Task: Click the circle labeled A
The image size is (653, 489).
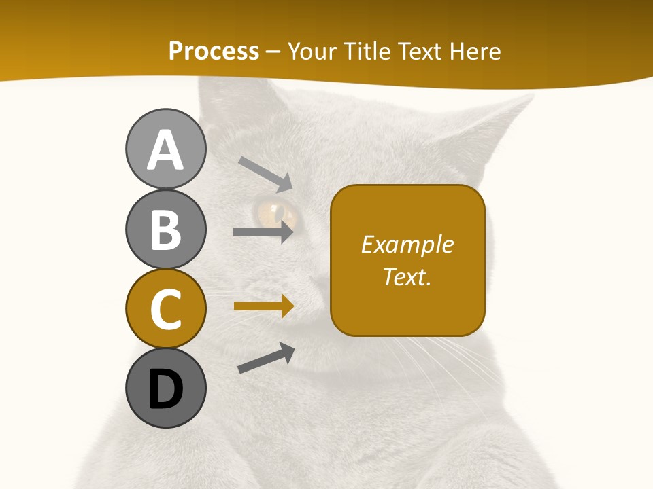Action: [x=165, y=149]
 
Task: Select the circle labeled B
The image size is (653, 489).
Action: [x=165, y=229]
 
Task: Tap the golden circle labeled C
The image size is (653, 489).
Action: [x=165, y=308]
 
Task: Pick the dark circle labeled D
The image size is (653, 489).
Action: [x=165, y=388]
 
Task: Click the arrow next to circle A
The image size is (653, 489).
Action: [x=265, y=174]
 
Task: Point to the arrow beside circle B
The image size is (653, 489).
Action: [x=264, y=232]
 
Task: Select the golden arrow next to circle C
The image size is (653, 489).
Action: [x=264, y=306]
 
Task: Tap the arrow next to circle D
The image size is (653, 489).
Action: [x=266, y=359]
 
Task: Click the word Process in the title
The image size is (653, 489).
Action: [x=214, y=52]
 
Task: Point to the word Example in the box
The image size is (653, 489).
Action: [x=407, y=244]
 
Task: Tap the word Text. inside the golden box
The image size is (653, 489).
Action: [x=407, y=276]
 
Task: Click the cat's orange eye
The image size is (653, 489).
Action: [x=275, y=211]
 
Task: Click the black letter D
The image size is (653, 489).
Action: [x=165, y=389]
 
